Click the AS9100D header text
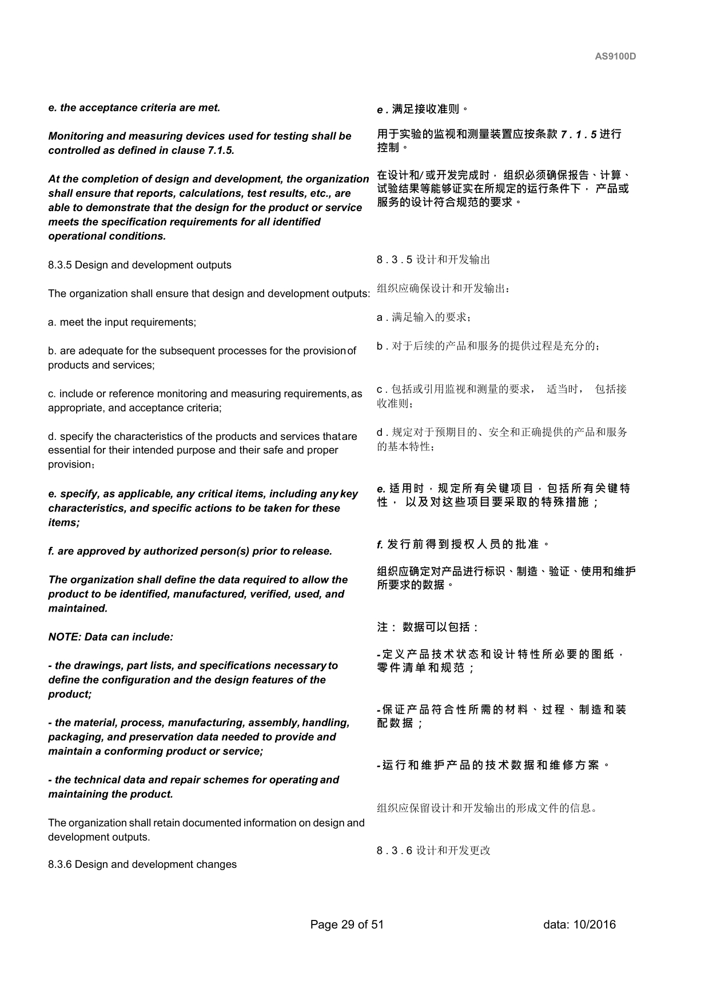615,57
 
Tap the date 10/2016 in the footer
595,924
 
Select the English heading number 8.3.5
60,265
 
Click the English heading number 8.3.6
60,864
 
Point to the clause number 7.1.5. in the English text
220,150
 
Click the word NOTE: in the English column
65,637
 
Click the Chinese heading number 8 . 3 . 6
394,851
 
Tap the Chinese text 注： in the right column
387,627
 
